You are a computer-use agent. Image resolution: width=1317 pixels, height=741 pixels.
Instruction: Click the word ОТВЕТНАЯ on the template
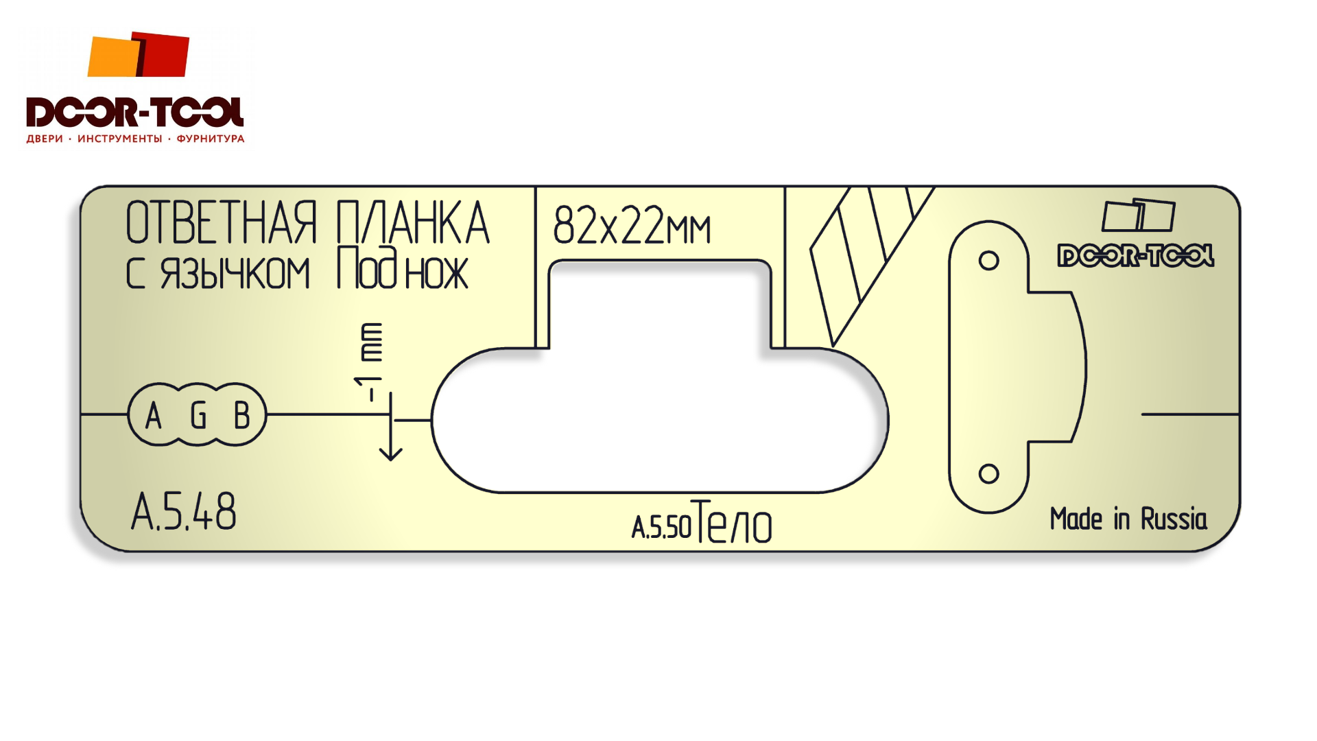[x=222, y=223]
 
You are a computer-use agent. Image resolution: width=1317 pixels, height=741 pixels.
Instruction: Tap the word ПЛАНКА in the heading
[x=413, y=223]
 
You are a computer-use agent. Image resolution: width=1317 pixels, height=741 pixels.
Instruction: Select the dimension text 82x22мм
[x=632, y=225]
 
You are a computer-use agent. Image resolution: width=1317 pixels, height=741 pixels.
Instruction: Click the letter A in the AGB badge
[x=154, y=415]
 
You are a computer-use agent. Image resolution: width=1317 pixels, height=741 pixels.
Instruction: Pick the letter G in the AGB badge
[x=198, y=415]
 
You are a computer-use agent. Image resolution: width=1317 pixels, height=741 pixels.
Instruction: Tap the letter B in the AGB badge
[x=241, y=415]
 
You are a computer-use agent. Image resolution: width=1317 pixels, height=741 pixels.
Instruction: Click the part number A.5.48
[x=184, y=512]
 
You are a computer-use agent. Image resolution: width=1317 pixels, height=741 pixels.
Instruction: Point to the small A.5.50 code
[x=661, y=528]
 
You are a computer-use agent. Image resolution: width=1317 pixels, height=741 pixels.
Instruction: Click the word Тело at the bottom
[x=733, y=521]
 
